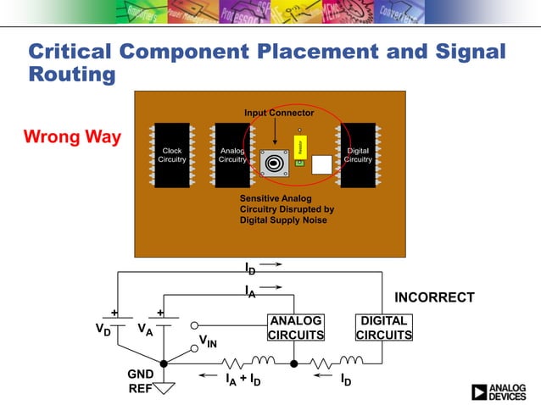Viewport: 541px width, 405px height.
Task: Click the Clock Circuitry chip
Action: coord(172,156)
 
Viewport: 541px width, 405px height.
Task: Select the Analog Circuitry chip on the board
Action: coord(231,156)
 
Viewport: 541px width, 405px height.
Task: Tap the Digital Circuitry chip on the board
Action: coord(358,156)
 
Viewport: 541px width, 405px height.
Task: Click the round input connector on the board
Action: coord(275,162)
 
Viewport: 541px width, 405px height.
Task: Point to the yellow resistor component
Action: coord(299,147)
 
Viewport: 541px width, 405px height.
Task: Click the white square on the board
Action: coord(322,164)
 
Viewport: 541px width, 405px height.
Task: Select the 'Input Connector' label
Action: coord(279,113)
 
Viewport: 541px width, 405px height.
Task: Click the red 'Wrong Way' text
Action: coord(72,136)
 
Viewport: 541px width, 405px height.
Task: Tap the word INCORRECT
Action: coord(434,297)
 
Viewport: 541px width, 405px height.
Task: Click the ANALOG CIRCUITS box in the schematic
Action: coord(295,328)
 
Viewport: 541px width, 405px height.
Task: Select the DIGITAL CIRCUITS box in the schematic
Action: coord(384,328)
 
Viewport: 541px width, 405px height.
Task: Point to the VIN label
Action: coord(209,341)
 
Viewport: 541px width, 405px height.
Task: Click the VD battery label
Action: coord(102,328)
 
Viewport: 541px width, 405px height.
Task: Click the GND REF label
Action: coord(139,382)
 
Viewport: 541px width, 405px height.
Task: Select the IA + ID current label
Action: coord(243,380)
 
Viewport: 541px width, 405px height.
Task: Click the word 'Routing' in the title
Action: coord(72,74)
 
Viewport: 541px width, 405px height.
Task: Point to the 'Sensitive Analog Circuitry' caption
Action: coord(287,209)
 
